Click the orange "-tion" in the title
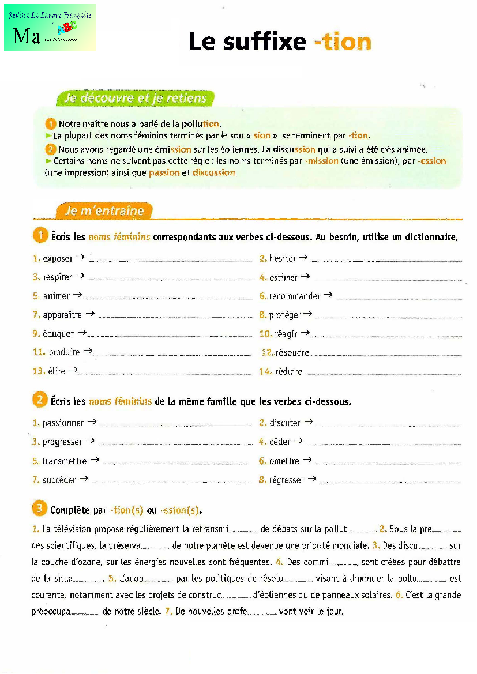point(343,42)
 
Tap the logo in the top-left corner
point(50,28)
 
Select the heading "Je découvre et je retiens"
point(136,98)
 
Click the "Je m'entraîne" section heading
point(104,210)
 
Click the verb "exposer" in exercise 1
point(58,259)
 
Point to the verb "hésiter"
point(283,258)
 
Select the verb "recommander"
point(294,296)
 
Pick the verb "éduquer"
point(58,334)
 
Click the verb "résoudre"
point(292,353)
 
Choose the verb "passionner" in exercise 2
point(63,423)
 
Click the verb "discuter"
point(285,423)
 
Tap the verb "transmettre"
point(64,461)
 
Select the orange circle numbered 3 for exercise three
point(39,509)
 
